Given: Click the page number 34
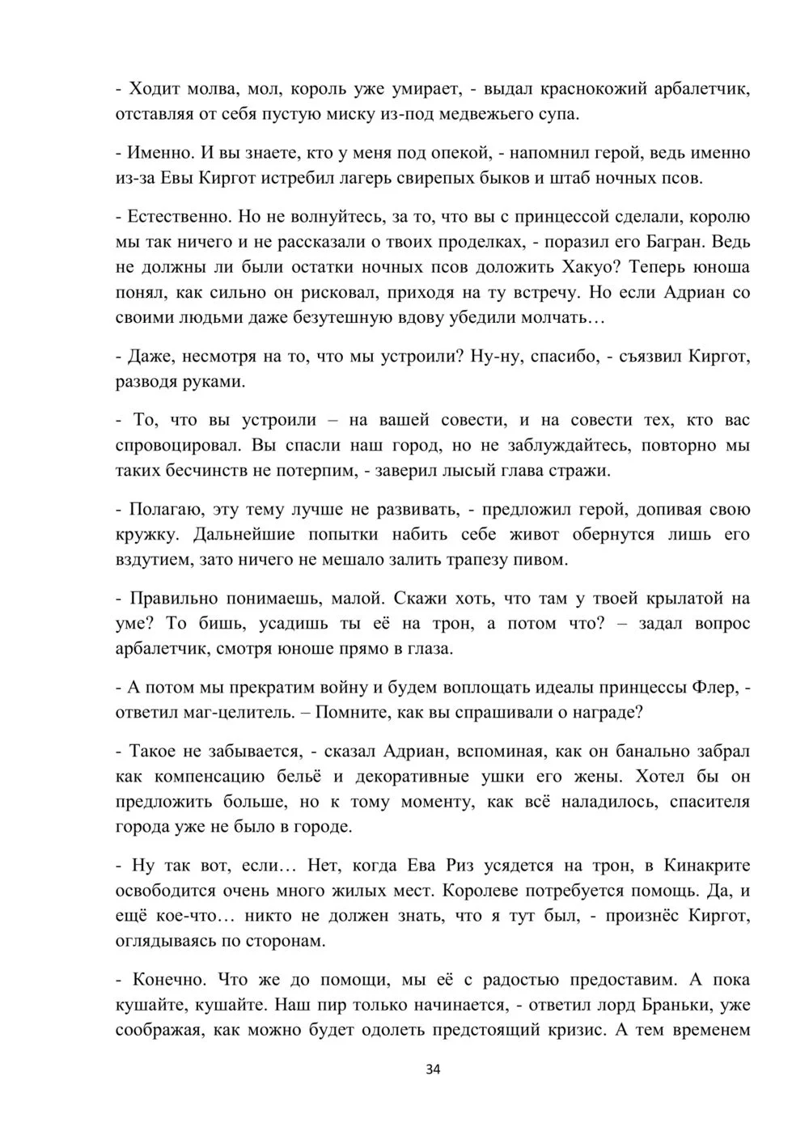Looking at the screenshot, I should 433,1070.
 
